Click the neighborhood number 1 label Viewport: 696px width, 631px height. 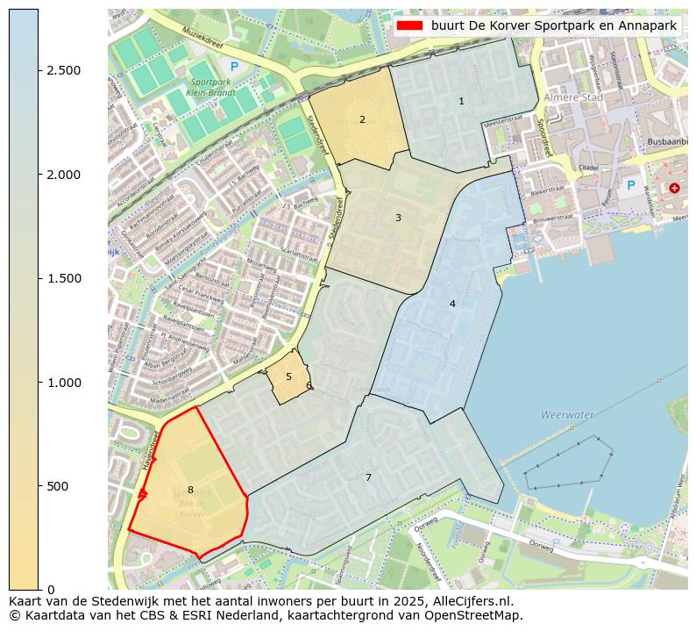click(461, 102)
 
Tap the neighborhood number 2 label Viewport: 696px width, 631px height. click(362, 119)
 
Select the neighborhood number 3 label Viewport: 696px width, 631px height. click(398, 218)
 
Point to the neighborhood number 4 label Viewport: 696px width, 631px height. click(452, 304)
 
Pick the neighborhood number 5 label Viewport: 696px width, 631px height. click(288, 376)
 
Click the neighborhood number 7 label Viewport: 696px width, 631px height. click(368, 477)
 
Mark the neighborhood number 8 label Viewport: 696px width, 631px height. click(190, 490)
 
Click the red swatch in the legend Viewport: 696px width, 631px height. click(408, 25)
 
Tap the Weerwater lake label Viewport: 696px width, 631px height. click(567, 414)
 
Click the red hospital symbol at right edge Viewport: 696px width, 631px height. click(674, 188)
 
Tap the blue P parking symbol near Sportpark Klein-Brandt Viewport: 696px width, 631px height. click(232, 66)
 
